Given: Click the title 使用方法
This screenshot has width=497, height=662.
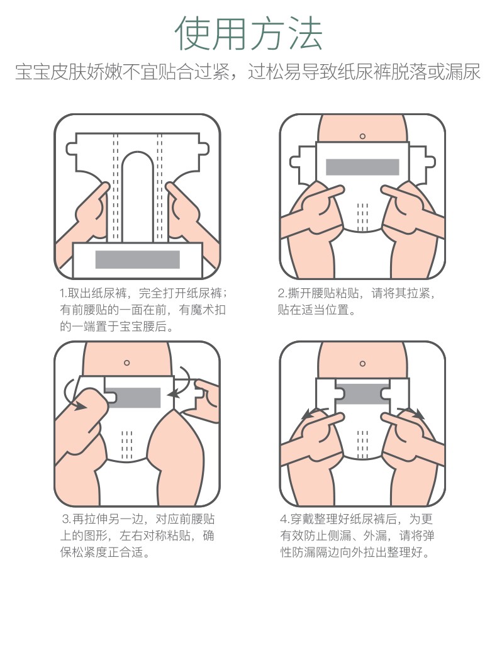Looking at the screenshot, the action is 248,33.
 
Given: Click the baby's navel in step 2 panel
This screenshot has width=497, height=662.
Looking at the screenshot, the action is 362,137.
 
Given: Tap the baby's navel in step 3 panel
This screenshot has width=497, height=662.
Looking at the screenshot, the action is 126,362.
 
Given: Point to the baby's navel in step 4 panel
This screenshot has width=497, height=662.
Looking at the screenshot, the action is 362,364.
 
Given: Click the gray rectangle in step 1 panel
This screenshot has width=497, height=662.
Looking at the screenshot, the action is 138,260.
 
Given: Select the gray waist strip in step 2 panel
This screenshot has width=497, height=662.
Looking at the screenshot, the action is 362,167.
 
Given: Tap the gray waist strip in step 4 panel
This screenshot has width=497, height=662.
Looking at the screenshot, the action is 362,393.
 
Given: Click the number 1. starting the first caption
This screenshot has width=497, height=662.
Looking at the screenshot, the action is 64,293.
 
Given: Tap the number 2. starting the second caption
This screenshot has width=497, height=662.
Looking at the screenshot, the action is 282,293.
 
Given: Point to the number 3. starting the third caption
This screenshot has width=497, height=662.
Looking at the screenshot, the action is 67,519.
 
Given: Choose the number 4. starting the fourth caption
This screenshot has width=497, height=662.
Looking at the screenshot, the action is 284,519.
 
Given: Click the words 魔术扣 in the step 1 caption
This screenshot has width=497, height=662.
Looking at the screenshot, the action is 208,310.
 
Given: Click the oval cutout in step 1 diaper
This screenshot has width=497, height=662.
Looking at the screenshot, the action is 137,197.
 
